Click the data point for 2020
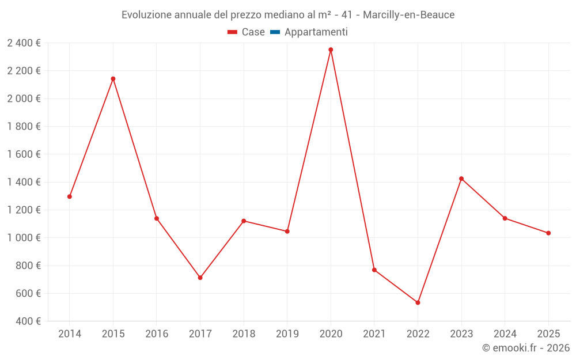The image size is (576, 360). [x=331, y=50]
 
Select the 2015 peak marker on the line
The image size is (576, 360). [x=113, y=79]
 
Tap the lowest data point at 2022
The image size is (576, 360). [x=418, y=302]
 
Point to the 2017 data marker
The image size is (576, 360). [x=200, y=278]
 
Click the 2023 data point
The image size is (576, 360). [x=461, y=179]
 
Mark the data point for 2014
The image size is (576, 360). [x=70, y=196]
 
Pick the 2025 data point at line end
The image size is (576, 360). [x=548, y=233]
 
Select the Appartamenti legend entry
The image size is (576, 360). [x=316, y=32]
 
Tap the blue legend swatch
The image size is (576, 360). [x=275, y=32]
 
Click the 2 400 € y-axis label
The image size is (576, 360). [x=24, y=43]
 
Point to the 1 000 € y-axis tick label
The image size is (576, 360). [x=24, y=238]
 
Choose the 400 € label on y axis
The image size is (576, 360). [x=27, y=321]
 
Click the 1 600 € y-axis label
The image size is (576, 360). [x=24, y=154]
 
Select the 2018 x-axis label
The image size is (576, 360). [x=244, y=334]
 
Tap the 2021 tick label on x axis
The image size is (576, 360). [x=374, y=334]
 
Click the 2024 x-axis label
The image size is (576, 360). [x=505, y=334]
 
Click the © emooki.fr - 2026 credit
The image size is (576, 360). [x=525, y=348]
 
